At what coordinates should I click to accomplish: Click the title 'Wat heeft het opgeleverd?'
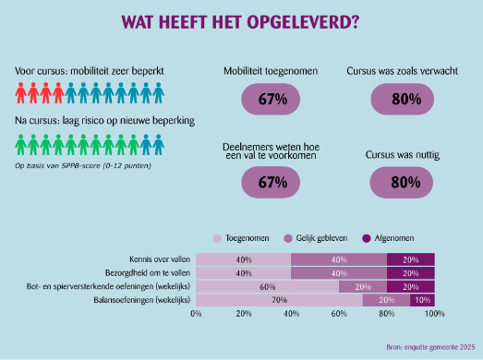[x=241, y=20]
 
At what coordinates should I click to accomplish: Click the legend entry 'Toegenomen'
[x=245, y=238]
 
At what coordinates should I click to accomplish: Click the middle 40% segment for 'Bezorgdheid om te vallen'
[x=338, y=273]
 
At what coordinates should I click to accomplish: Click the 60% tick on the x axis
[x=338, y=315]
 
